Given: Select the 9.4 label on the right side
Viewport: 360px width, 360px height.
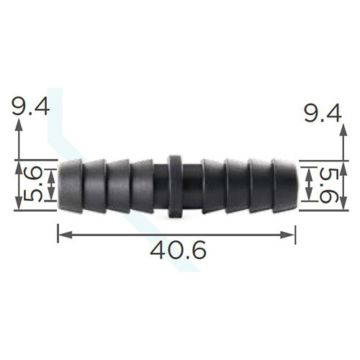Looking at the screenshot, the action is tap(322, 113).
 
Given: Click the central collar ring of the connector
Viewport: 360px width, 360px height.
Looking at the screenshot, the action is tap(174, 186).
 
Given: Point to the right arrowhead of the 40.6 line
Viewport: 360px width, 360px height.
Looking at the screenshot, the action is tap(287, 235).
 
